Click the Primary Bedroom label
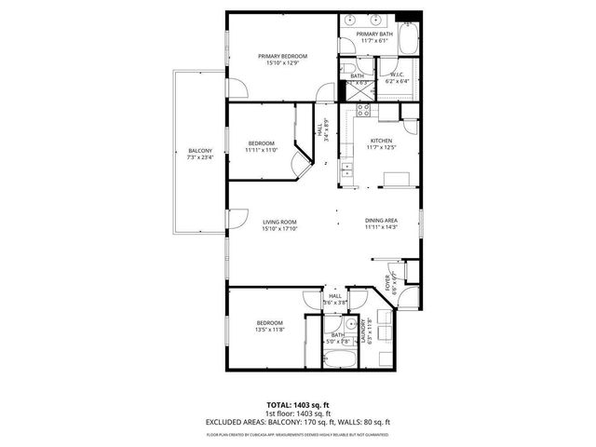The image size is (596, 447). coord(282,56)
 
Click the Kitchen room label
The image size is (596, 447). coord(381,141)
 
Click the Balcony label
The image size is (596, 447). coord(200,151)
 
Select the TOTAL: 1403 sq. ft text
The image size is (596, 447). coord(298,405)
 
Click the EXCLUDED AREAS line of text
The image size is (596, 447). coord(298,422)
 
